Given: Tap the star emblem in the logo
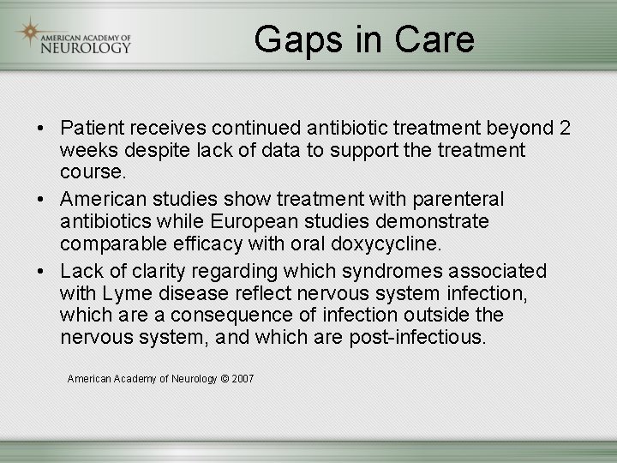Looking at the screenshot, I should (30, 33).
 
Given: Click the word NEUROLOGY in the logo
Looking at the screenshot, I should (86, 48).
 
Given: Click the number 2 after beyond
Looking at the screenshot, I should (565, 129).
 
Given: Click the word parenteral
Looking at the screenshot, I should (460, 200).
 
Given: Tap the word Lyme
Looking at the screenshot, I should (124, 293).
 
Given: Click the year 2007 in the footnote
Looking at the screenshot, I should (243, 378).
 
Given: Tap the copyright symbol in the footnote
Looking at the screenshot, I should (225, 378).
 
